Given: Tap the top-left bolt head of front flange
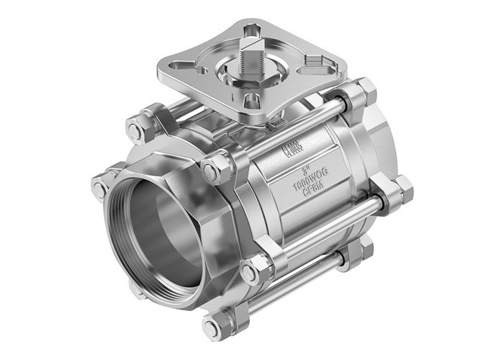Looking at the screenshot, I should point(135,131).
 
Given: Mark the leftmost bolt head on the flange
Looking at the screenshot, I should point(99,189).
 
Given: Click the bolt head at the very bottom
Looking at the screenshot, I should point(212,329).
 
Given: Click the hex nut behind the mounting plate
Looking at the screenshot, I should point(363,91).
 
